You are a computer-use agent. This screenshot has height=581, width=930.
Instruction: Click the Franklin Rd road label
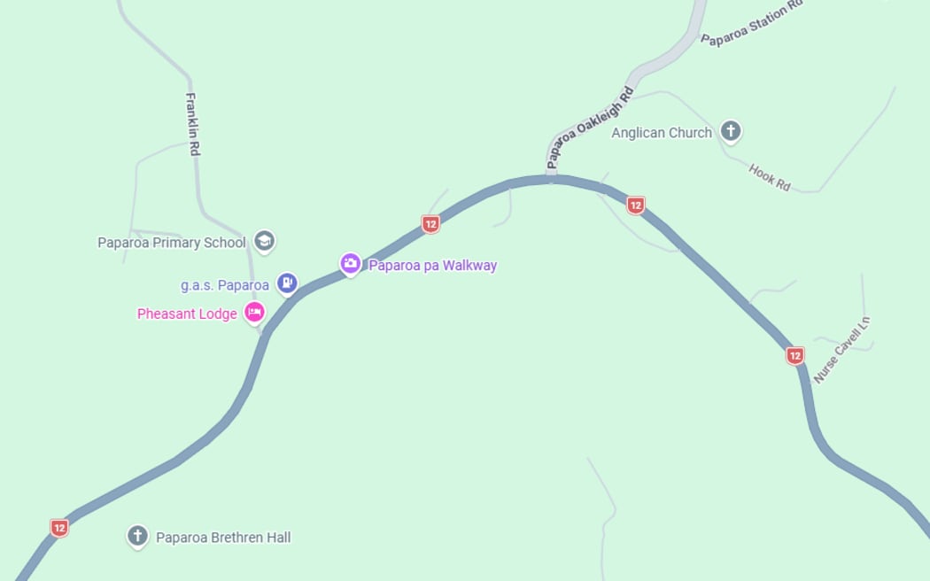pyautogui.click(x=193, y=124)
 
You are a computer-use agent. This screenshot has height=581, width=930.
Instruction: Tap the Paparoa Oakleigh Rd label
pyautogui.click(x=591, y=128)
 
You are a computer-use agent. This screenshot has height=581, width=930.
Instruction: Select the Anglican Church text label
pyautogui.click(x=662, y=133)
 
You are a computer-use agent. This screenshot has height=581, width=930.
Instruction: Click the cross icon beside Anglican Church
pyautogui.click(x=730, y=132)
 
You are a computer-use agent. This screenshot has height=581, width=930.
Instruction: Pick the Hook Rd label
pyautogui.click(x=769, y=177)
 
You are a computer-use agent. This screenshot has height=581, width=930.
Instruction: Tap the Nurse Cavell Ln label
pyautogui.click(x=842, y=350)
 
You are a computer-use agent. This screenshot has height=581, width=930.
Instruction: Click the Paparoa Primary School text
pyautogui.click(x=172, y=243)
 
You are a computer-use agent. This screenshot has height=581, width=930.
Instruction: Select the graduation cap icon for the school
pyautogui.click(x=264, y=241)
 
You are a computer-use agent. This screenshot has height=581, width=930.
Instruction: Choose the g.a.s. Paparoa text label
pyautogui.click(x=225, y=285)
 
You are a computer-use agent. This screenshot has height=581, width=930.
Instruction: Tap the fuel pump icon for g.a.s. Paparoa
pyautogui.click(x=286, y=283)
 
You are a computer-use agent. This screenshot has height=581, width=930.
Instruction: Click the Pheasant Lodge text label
pyautogui.click(x=187, y=314)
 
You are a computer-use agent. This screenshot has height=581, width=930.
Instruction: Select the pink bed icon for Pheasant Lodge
pyautogui.click(x=254, y=312)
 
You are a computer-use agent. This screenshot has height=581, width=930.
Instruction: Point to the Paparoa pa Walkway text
pyautogui.click(x=433, y=266)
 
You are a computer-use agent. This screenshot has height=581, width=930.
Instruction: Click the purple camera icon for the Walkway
pyautogui.click(x=351, y=264)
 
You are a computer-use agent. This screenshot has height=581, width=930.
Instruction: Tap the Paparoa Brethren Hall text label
pyautogui.click(x=223, y=538)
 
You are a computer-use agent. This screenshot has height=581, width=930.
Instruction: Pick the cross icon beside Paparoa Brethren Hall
pyautogui.click(x=136, y=536)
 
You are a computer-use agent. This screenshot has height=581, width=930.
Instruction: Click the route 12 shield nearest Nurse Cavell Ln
pyautogui.click(x=795, y=356)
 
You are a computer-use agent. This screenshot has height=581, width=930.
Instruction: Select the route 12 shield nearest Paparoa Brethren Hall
pyautogui.click(x=59, y=529)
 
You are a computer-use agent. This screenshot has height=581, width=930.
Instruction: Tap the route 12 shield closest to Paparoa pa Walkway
pyautogui.click(x=430, y=224)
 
